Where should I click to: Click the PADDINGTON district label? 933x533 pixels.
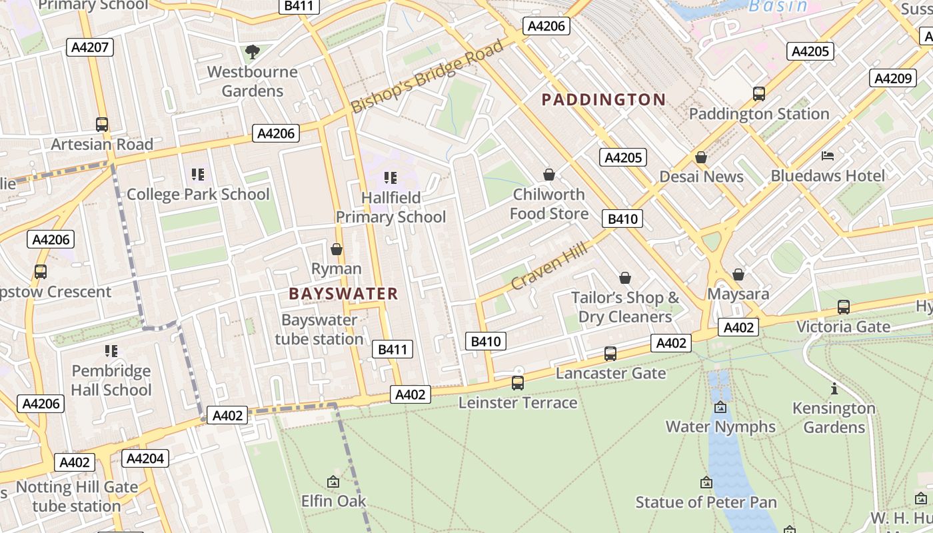coord(603,100)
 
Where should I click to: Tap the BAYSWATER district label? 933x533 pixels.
coord(343,294)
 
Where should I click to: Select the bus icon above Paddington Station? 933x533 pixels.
coord(758,94)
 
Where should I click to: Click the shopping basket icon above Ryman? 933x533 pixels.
coord(337,249)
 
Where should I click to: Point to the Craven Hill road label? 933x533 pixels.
coord(549,266)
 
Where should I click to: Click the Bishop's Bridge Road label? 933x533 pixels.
coord(427,77)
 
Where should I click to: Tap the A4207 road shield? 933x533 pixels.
coord(90,47)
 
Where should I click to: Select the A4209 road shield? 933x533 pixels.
coord(892,79)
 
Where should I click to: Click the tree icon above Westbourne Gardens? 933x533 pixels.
coord(252,51)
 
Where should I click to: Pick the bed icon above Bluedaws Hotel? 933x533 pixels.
coord(828,157)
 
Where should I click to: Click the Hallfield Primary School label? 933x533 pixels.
coord(391,207)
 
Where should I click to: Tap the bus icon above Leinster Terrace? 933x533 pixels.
coord(518,383)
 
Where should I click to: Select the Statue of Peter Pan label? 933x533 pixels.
coord(706,502)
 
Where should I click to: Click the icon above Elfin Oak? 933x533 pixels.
coord(333,481)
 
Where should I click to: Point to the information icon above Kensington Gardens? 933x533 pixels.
coord(834,388)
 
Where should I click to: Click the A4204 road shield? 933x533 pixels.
coord(145,458)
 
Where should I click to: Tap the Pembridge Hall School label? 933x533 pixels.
coord(111,380)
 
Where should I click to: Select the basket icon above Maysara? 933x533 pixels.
coord(738,274)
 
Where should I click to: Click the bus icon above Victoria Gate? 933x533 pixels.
coord(843,307)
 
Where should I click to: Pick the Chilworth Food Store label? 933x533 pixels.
coord(548,204)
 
